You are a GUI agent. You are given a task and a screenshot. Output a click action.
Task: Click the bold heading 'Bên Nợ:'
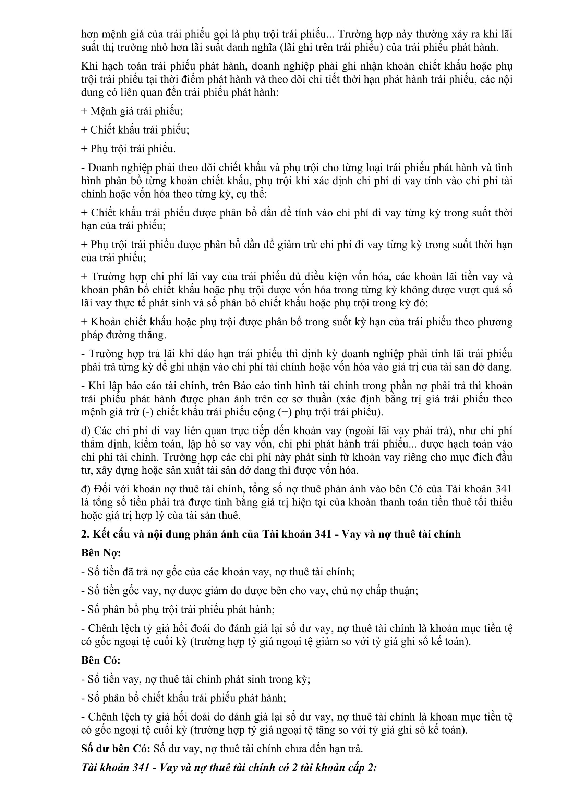101,553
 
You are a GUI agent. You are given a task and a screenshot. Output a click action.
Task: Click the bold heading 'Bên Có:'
101,660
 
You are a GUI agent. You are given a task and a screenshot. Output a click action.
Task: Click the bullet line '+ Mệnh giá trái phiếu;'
132,111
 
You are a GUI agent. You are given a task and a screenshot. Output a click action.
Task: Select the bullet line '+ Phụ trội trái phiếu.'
129,149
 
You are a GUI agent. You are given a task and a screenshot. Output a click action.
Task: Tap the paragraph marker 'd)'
86,431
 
